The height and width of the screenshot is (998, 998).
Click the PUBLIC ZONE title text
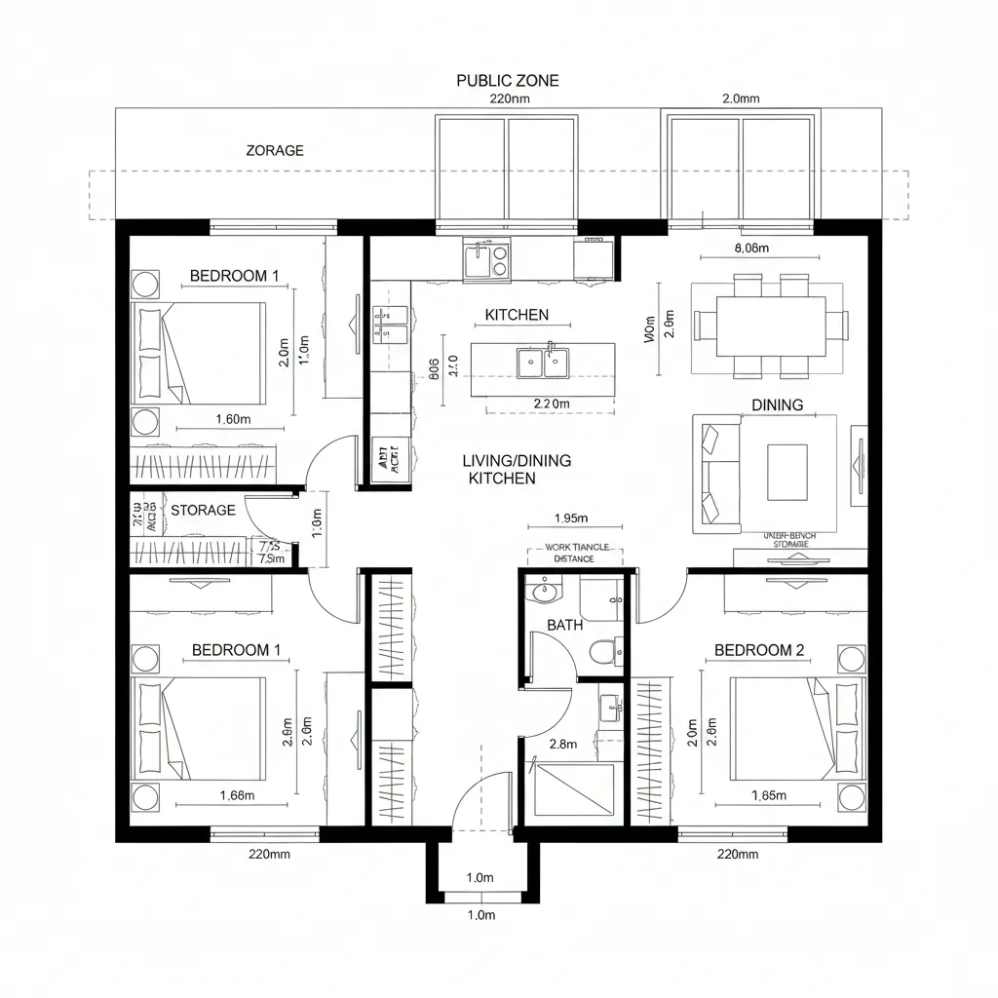(508, 81)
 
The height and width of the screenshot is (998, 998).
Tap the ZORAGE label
(274, 150)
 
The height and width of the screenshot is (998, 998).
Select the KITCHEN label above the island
(517, 315)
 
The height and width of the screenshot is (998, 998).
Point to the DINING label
(777, 404)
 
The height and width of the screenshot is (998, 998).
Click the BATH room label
(564, 625)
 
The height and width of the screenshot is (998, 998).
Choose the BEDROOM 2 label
(759, 650)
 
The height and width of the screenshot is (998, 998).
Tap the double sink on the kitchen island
(543, 363)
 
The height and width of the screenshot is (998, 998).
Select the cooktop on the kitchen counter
(500, 259)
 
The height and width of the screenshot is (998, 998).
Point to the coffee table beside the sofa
(787, 472)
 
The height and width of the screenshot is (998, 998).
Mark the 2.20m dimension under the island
(552, 403)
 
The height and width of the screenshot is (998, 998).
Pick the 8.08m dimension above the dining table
(749, 248)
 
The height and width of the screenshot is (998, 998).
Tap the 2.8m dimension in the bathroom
(563, 744)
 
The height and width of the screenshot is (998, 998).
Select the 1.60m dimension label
(233, 419)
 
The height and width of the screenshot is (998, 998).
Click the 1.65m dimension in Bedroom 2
(769, 794)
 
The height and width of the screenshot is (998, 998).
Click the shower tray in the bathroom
(574, 789)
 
